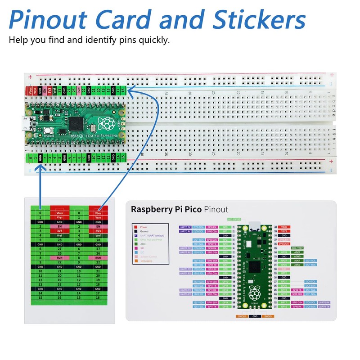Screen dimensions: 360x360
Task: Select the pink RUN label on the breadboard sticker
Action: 79,90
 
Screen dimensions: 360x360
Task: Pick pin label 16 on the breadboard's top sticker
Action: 123,90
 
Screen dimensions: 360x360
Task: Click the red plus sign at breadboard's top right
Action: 331,75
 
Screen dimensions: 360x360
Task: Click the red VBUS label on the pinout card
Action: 283,227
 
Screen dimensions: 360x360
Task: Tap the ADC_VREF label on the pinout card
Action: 297,248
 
